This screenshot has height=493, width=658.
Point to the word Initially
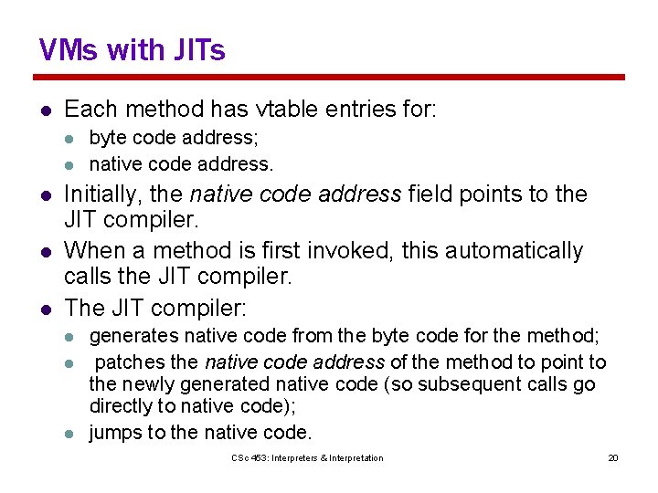[101, 194]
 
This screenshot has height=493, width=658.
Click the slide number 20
[613, 457]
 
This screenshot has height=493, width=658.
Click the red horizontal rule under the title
[329, 78]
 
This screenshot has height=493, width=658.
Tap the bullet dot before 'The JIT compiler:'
[44, 308]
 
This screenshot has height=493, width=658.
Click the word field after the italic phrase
[430, 194]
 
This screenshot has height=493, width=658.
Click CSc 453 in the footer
[249, 457]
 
